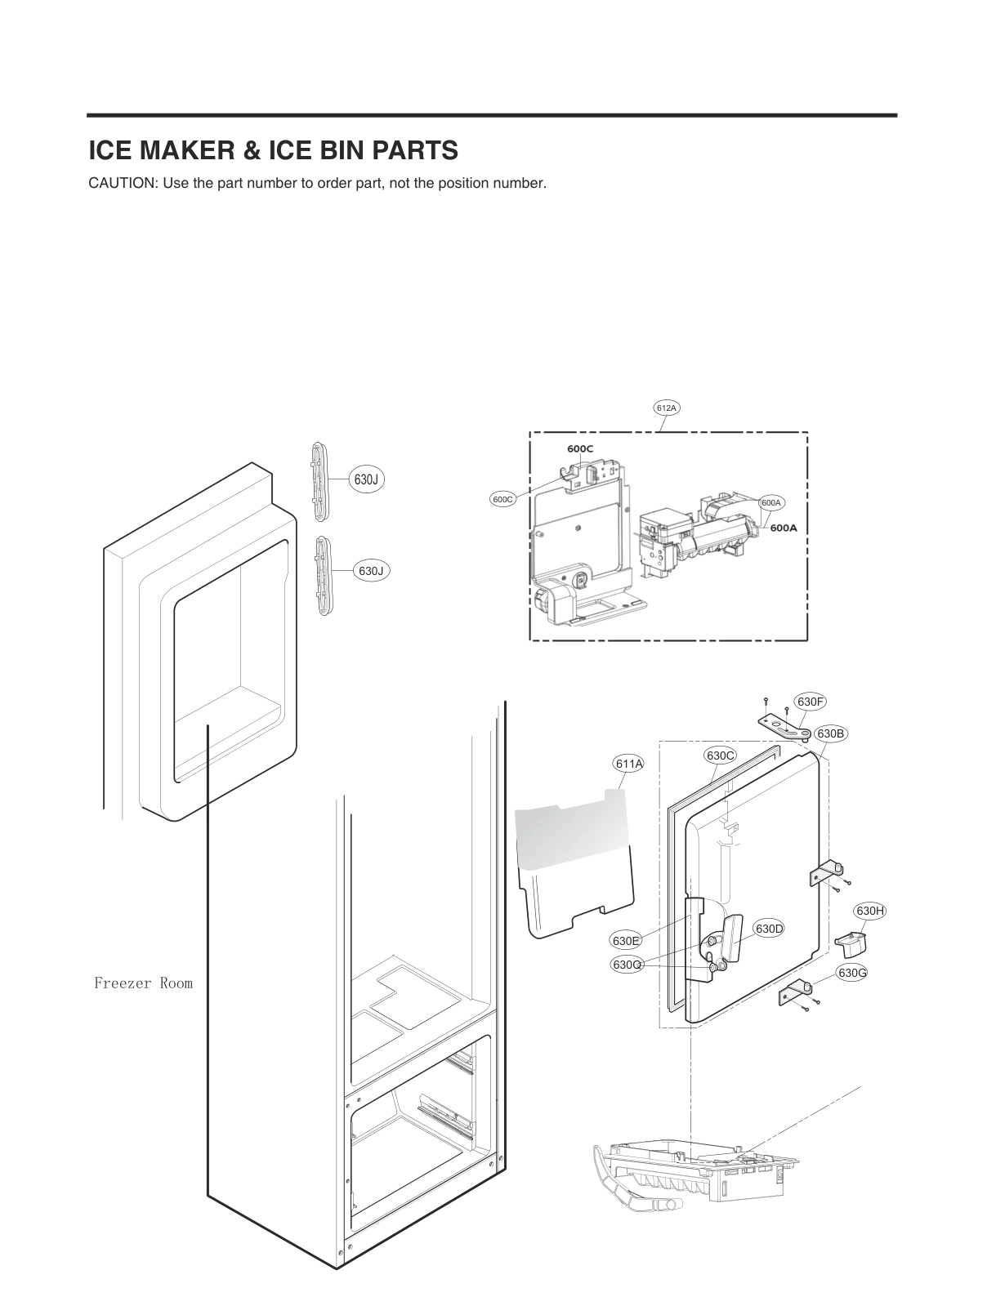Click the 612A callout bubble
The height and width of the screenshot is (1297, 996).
[x=667, y=407]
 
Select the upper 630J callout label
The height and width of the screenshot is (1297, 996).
[x=365, y=479]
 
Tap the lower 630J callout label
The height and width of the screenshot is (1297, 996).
[x=371, y=571]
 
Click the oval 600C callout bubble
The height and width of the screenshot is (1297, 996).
[x=502, y=499]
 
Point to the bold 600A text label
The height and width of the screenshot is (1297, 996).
[x=783, y=528]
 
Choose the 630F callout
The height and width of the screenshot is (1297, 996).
[x=811, y=702]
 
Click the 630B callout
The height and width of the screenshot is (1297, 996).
[x=830, y=733]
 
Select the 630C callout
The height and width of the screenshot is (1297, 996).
[x=720, y=755]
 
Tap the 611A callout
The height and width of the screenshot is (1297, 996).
[x=628, y=764]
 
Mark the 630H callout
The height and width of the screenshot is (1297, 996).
[x=870, y=911]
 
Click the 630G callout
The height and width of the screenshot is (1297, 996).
[x=852, y=973]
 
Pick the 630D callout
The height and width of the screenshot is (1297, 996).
[x=769, y=929]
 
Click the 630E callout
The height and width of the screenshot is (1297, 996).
[x=625, y=941]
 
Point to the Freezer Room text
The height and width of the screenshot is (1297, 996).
[x=143, y=983]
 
